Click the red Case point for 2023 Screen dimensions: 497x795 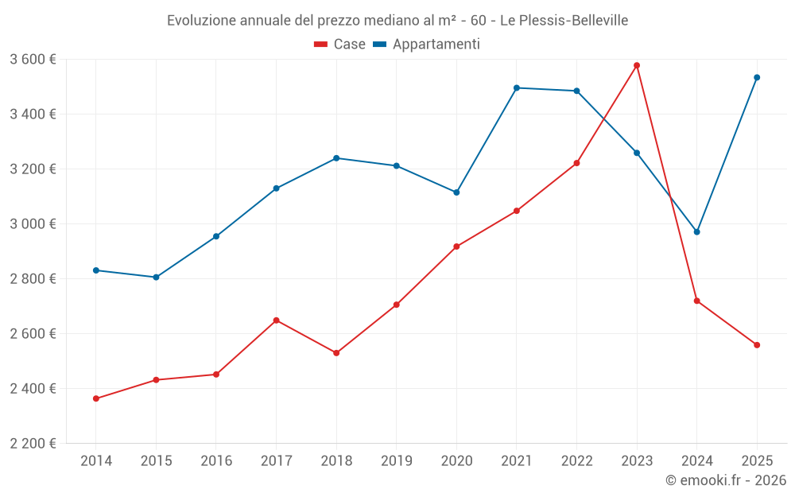pos(637,65)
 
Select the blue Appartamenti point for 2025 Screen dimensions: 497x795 pos(757,77)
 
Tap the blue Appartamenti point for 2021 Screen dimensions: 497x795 pos(517,87)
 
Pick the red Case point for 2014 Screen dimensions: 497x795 pos(96,398)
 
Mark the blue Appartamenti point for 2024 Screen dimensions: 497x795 pos(697,232)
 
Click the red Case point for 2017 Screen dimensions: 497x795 pos(276,320)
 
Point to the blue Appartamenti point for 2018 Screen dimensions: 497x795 pos(336,158)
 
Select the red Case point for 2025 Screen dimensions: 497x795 pos(757,345)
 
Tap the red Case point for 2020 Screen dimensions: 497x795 pos(456,247)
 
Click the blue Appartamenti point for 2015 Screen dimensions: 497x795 pos(156,278)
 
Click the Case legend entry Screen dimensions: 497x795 pos(340,45)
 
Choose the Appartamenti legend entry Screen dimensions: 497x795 pos(427,45)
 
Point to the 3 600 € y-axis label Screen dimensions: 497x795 pos(33,60)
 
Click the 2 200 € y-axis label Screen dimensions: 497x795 pos(33,444)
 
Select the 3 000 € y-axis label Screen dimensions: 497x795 pos(33,224)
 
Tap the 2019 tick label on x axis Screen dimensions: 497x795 pos(396,460)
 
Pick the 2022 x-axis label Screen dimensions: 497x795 pos(576,460)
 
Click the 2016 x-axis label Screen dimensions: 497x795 pos(216,460)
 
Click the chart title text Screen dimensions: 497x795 pos(397,21)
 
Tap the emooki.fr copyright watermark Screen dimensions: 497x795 pos(725,480)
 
